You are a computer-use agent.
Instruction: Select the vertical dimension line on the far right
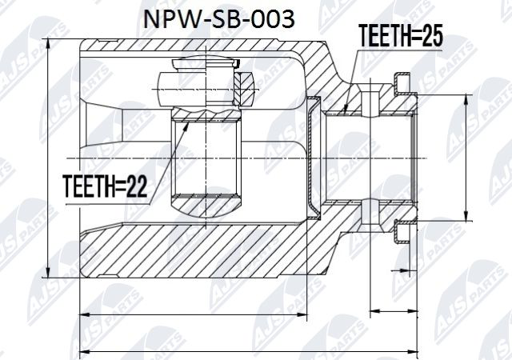(467, 157)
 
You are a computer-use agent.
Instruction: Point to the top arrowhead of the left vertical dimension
(50, 40)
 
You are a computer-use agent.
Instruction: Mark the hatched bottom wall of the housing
(200, 248)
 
